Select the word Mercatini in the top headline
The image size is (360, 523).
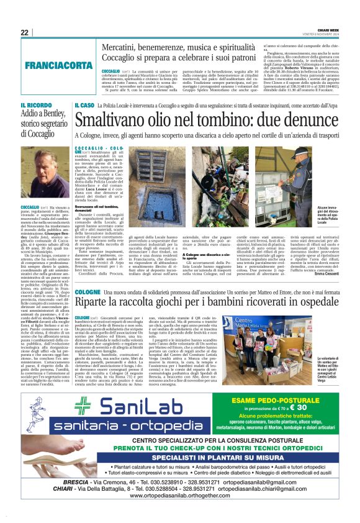[x=124, y=47]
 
